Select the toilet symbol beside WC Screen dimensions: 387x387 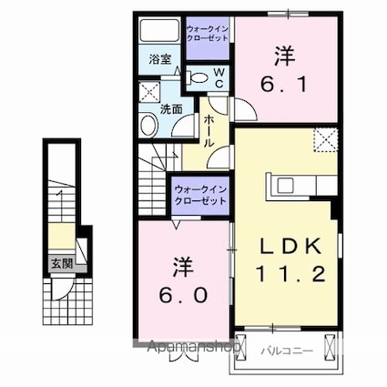197,79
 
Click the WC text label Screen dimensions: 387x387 219,77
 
